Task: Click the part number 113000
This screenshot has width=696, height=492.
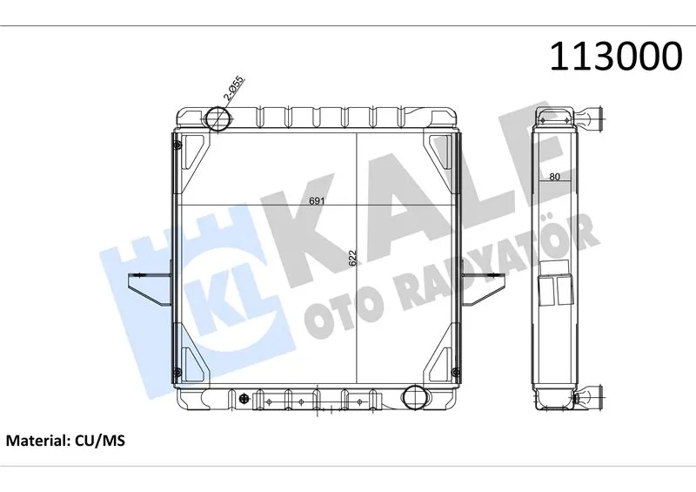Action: pyautogui.click(x=616, y=57)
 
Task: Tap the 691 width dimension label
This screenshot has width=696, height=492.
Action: pyautogui.click(x=317, y=201)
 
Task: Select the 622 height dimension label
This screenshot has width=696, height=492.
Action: pyautogui.click(x=353, y=259)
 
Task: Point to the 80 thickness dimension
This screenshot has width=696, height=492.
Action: pyautogui.click(x=554, y=177)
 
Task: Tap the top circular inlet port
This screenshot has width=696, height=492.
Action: pyautogui.click(x=219, y=118)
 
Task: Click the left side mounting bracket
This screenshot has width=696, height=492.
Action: pyautogui.click(x=150, y=288)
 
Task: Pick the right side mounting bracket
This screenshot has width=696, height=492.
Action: pyautogui.click(x=483, y=289)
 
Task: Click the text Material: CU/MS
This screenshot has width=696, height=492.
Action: pyautogui.click(x=65, y=441)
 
